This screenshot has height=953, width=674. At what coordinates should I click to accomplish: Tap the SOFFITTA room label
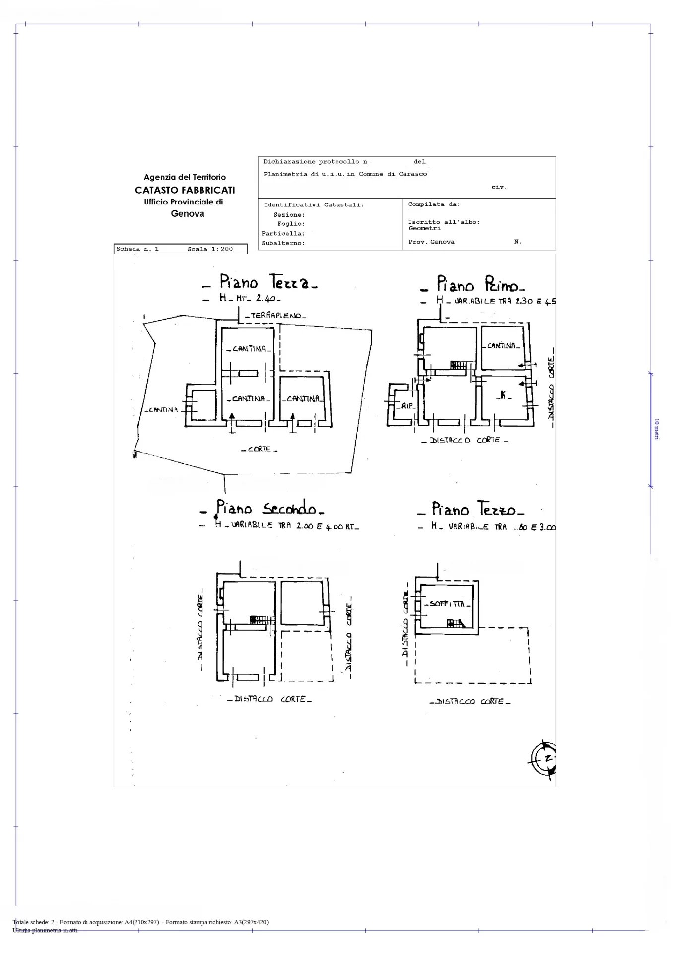pos(447,604)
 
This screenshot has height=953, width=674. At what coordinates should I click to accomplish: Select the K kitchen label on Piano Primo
pos(503,395)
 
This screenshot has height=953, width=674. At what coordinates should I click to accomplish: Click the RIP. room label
pos(407,406)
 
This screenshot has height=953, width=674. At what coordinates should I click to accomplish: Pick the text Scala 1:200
pos(210,249)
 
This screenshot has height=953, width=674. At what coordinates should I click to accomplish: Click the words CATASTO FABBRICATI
pos(185,190)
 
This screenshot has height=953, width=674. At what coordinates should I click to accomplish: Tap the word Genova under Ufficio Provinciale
pos(188,214)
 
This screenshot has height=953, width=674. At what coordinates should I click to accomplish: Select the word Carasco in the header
pos(413,174)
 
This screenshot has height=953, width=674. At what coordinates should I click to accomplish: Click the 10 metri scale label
pos(657,429)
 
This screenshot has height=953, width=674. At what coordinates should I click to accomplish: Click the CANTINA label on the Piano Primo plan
pos(503,346)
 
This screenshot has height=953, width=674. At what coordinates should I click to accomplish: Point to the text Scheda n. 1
pos(137,249)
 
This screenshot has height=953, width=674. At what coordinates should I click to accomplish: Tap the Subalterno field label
pos(283,243)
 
